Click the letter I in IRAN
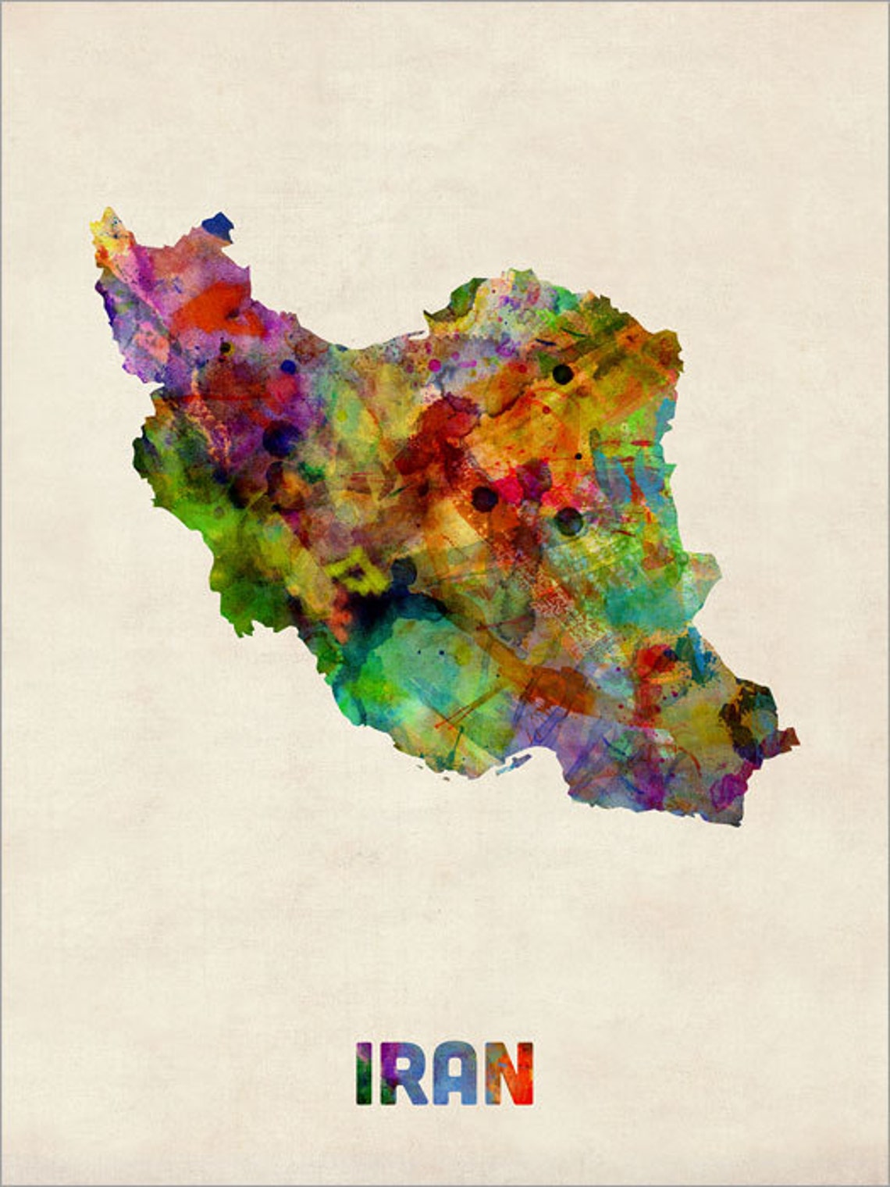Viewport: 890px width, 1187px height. click(365, 1074)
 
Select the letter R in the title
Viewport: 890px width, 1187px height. click(404, 1074)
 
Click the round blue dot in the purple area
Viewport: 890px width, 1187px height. click(289, 366)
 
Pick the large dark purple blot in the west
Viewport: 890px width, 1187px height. click(281, 437)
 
